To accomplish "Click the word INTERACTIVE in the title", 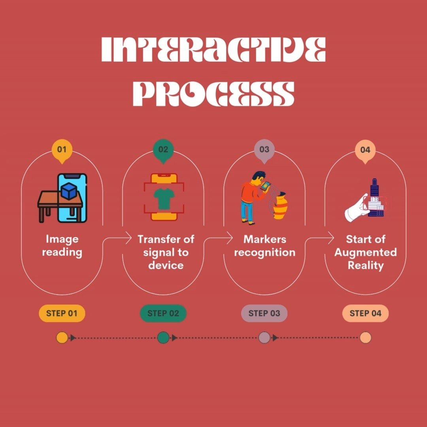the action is [x=213, y=50].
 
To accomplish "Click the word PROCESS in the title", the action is [x=213, y=93].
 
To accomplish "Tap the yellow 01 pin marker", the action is [x=62, y=150].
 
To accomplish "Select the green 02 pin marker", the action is [x=163, y=150].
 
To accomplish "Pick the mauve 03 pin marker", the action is [x=264, y=150].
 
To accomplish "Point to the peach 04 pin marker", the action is [x=365, y=150].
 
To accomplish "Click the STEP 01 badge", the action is [x=62, y=314].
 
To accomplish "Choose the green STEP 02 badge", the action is [x=163, y=314].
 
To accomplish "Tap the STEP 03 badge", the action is [x=264, y=314].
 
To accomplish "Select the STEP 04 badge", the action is [x=365, y=314].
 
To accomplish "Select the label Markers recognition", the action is [x=264, y=246].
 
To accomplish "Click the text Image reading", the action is [x=62, y=246].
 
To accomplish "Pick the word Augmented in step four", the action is [x=365, y=252].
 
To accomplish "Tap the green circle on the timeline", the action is [x=163, y=338].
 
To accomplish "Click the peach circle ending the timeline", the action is [x=365, y=338].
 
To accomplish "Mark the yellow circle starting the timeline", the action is [x=62, y=338].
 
